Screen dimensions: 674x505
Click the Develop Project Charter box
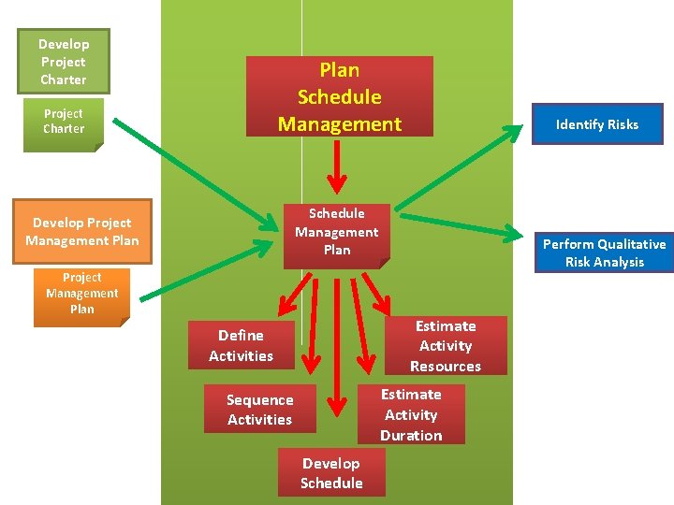64,62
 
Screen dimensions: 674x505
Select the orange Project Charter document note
64,122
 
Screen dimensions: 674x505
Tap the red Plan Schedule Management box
339,96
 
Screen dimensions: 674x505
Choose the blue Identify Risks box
596,124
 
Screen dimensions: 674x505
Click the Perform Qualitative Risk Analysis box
604,252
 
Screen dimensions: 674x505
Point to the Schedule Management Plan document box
337,232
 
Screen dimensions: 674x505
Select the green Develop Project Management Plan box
82,232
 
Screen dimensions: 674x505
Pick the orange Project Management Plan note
81,293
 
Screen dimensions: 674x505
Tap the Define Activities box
241,345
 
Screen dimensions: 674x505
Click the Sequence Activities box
259,410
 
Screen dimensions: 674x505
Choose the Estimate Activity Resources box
446,346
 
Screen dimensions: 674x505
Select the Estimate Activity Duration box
411,415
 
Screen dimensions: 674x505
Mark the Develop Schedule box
331,473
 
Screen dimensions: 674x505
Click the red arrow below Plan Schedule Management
338,170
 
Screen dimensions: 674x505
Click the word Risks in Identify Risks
621,124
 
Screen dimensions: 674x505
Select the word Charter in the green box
64,79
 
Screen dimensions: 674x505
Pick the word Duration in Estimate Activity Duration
411,436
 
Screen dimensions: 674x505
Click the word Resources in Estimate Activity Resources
446,367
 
